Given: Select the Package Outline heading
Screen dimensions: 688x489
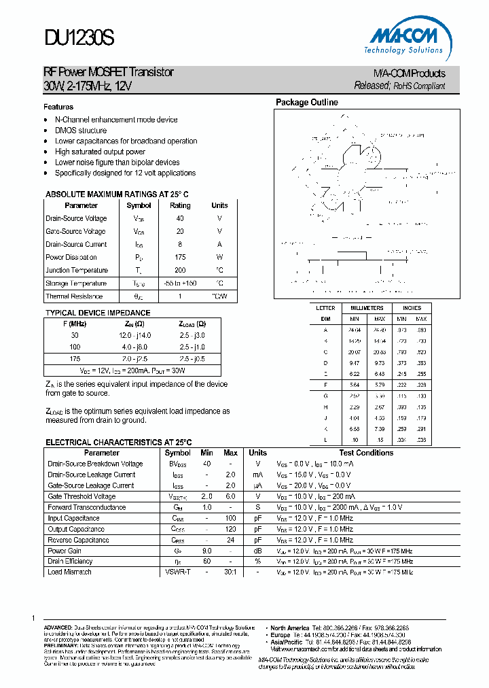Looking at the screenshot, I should [306, 103].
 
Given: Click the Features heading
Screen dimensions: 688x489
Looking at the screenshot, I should [58, 107].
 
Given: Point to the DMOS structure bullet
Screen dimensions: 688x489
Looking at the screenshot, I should [80, 131].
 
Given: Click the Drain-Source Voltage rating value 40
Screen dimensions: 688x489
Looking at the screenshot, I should [180, 218].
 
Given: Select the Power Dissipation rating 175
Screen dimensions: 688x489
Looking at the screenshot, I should [180, 257].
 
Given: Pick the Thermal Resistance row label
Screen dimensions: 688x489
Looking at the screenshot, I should [74, 296].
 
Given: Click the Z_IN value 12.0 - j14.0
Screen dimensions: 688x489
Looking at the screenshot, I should [136, 335].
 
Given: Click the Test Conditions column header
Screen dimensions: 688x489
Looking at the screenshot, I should [366, 453].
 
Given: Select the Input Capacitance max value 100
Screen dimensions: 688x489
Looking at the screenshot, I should [230, 518].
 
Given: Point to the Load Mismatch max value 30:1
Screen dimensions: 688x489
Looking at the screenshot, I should [230, 572].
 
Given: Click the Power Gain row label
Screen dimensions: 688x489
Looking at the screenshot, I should [65, 551].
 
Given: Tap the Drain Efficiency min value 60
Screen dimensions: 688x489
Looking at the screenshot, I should [207, 562].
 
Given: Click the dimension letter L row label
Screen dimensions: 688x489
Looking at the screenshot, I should [325, 440].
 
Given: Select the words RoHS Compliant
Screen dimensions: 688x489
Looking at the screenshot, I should [419, 86].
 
